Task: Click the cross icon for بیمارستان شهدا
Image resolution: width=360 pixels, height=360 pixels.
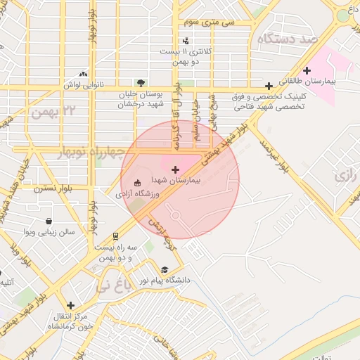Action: point(175,169)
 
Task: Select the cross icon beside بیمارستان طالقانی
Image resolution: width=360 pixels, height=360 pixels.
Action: point(307,70)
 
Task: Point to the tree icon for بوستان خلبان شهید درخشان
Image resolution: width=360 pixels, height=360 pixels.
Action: point(142,83)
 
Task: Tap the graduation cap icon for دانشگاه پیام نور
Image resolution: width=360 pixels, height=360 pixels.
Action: point(165,270)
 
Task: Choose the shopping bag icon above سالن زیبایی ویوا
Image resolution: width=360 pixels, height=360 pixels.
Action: point(48,221)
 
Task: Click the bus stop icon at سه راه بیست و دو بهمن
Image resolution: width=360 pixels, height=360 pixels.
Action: point(115,237)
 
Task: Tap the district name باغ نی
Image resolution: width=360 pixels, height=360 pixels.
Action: point(112,285)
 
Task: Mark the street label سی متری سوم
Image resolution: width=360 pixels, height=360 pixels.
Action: point(218,22)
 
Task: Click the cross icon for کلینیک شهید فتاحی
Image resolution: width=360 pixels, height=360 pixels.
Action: point(269,86)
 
